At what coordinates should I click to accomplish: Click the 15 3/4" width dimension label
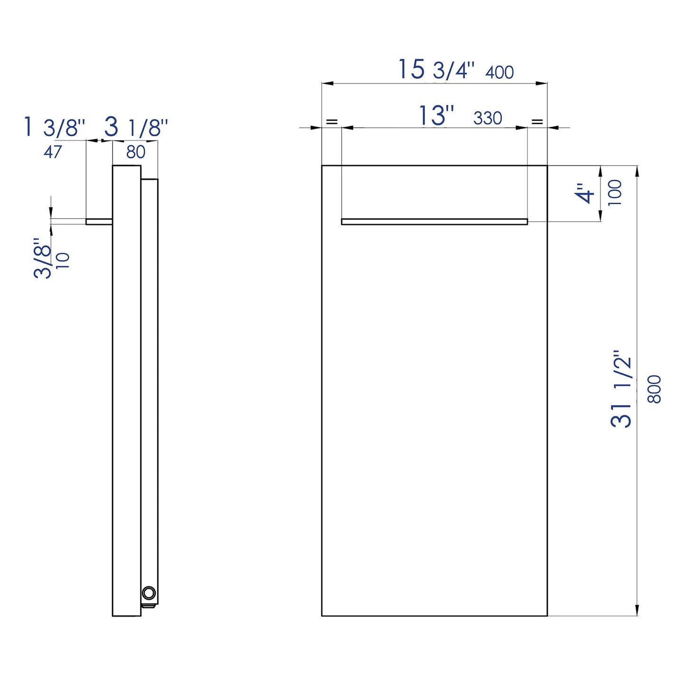point(435,70)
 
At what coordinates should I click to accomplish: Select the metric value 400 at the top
point(499,73)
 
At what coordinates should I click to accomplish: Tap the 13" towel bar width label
point(436,116)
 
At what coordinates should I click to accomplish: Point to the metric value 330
point(488,118)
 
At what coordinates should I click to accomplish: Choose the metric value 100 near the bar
point(615,193)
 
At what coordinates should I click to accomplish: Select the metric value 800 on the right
point(655,389)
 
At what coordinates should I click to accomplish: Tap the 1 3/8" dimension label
point(54,128)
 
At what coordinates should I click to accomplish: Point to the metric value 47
point(53,152)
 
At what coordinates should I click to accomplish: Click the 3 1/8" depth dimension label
point(136,128)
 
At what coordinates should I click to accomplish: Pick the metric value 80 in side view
point(136,152)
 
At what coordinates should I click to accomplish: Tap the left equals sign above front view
point(331,122)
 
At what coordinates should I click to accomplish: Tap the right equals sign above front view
point(537,122)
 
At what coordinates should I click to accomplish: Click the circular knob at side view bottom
point(149,592)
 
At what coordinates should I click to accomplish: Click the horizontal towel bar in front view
point(434,221)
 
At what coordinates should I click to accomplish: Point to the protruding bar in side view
point(99,221)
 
